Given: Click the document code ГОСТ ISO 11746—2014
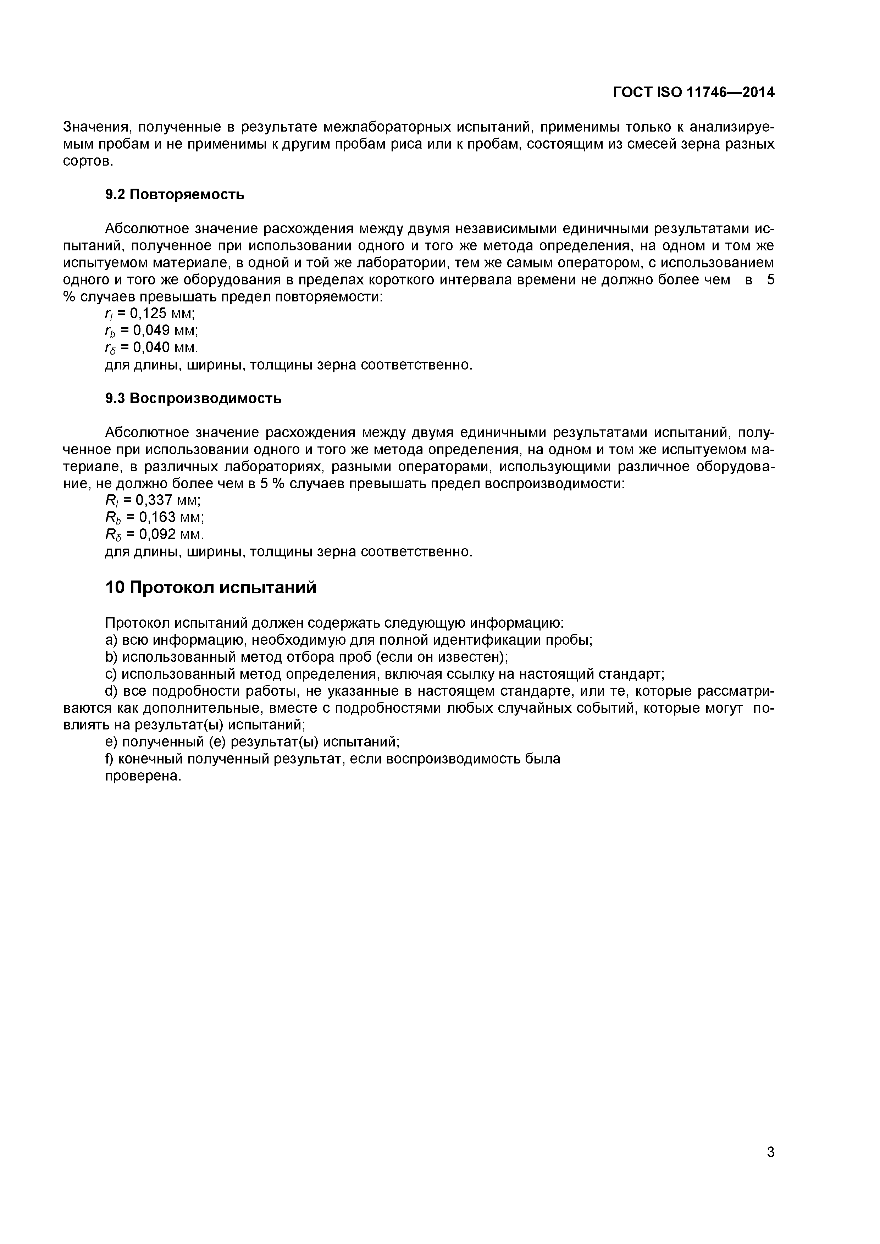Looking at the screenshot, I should (x=693, y=93).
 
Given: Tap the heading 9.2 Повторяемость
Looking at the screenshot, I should (x=175, y=195).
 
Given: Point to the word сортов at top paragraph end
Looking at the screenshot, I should (x=88, y=161).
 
